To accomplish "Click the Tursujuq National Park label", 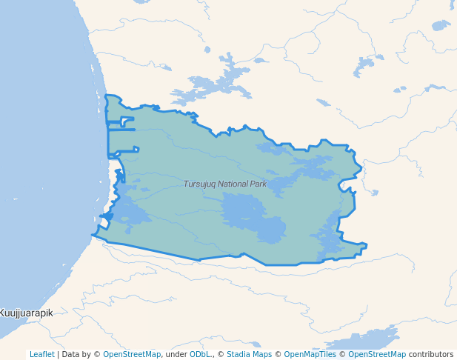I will pos(225,183).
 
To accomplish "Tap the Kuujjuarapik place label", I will pos(27,313).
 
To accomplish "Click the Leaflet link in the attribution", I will pos(42,354).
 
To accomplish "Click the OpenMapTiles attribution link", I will pos(308,354).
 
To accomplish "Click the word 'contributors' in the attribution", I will pos(430,354).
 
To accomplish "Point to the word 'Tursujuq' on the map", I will pos(199,183).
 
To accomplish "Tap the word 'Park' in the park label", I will pos(258,183).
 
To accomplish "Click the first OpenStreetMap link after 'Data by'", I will pos(132,354).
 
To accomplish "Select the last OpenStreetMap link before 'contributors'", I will pos(377,354).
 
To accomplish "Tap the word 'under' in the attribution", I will pos(176,354).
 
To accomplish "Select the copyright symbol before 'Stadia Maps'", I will pos(221,354).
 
